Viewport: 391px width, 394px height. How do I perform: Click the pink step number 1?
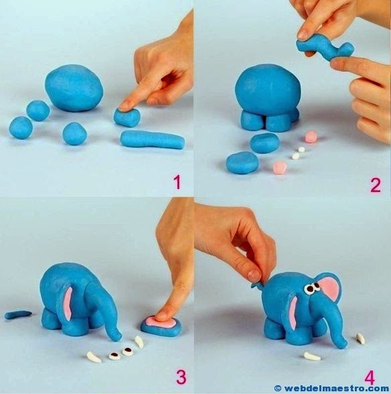(x=177, y=182)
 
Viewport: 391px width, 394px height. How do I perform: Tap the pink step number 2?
(x=375, y=185)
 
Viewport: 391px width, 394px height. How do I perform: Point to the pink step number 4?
(x=370, y=378)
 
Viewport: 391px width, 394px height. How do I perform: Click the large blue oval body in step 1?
(x=74, y=88)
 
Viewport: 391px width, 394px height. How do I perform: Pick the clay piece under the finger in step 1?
(x=127, y=117)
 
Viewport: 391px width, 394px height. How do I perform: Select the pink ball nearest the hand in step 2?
(x=311, y=137)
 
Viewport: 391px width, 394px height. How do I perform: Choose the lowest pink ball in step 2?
(x=280, y=167)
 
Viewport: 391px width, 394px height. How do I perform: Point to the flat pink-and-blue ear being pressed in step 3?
(x=161, y=325)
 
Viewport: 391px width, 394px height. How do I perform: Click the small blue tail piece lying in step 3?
(x=18, y=314)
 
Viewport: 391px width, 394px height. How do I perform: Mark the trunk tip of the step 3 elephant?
(x=116, y=336)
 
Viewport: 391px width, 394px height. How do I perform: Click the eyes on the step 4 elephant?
(x=311, y=287)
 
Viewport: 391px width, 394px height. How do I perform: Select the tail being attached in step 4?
(x=258, y=284)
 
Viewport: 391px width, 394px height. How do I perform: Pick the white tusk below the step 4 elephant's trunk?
(x=312, y=356)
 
